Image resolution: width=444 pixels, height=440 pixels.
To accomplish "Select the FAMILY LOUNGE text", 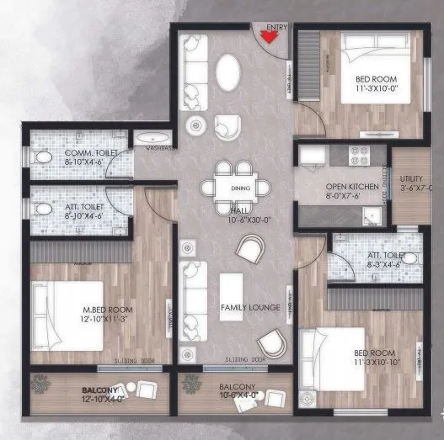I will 250,308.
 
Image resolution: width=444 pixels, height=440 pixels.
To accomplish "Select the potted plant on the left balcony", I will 40,384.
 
